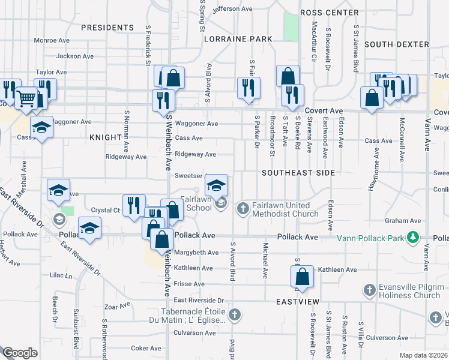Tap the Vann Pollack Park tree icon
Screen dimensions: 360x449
(x=412, y=238)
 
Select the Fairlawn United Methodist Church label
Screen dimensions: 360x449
(x=285, y=209)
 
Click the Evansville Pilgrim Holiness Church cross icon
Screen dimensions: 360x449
(x=370, y=291)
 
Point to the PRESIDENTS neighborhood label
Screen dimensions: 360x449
(x=107, y=28)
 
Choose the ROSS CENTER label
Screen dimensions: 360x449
(x=329, y=12)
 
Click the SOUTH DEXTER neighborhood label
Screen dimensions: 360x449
(x=396, y=44)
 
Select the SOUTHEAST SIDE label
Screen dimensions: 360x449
(x=298, y=172)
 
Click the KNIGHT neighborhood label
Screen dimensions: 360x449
(x=106, y=137)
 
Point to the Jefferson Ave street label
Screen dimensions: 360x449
(x=232, y=9)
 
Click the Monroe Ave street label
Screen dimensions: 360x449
(x=53, y=40)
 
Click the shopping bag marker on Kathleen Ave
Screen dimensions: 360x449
(x=302, y=277)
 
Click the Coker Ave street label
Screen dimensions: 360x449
(x=146, y=348)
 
